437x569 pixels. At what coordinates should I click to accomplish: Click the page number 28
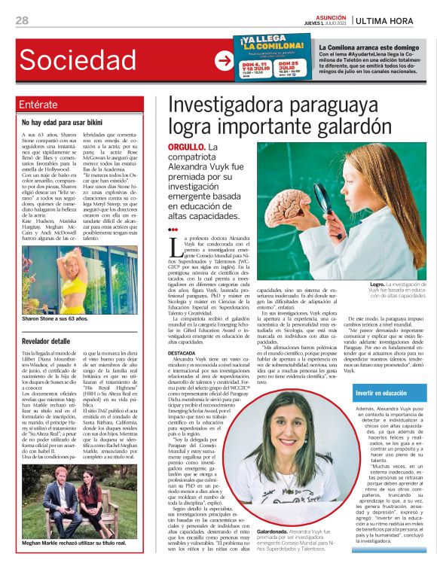[x=22, y=20]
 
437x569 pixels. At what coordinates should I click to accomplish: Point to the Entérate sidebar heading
[x=41, y=104]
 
